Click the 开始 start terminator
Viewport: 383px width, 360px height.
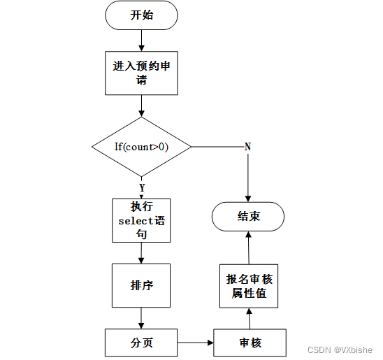pyautogui.click(x=141, y=15)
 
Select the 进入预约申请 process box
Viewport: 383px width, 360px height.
pyautogui.click(x=141, y=73)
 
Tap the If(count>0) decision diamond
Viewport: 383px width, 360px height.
pyautogui.click(x=141, y=147)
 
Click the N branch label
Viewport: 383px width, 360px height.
pyautogui.click(x=247, y=147)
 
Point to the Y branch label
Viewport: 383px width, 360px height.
pyautogui.click(x=142, y=187)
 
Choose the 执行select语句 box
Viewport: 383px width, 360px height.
pyautogui.click(x=141, y=220)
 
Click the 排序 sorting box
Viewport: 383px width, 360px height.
pyautogui.click(x=141, y=285)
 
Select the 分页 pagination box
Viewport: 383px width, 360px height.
pyautogui.click(x=141, y=343)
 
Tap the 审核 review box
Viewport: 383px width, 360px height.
pyautogui.click(x=250, y=343)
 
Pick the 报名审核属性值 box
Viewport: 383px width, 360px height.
pyautogui.click(x=249, y=286)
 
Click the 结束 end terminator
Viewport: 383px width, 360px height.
pyautogui.click(x=248, y=217)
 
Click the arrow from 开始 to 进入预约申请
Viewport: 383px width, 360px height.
pyautogui.click(x=141, y=41)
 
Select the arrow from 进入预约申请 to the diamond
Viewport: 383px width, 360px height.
pyautogui.click(x=141, y=106)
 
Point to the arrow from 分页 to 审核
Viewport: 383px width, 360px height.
pyautogui.click(x=196, y=343)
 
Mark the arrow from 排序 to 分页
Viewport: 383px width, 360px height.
pyautogui.click(x=141, y=318)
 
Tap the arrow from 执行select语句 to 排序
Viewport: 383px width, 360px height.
pyautogui.click(x=141, y=253)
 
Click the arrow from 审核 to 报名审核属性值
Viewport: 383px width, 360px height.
pyautogui.click(x=250, y=319)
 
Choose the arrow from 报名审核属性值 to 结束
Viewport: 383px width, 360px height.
pyautogui.click(x=249, y=248)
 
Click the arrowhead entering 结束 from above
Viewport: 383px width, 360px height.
pyautogui.click(x=248, y=199)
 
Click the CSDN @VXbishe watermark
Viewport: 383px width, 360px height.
pyautogui.click(x=340, y=350)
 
